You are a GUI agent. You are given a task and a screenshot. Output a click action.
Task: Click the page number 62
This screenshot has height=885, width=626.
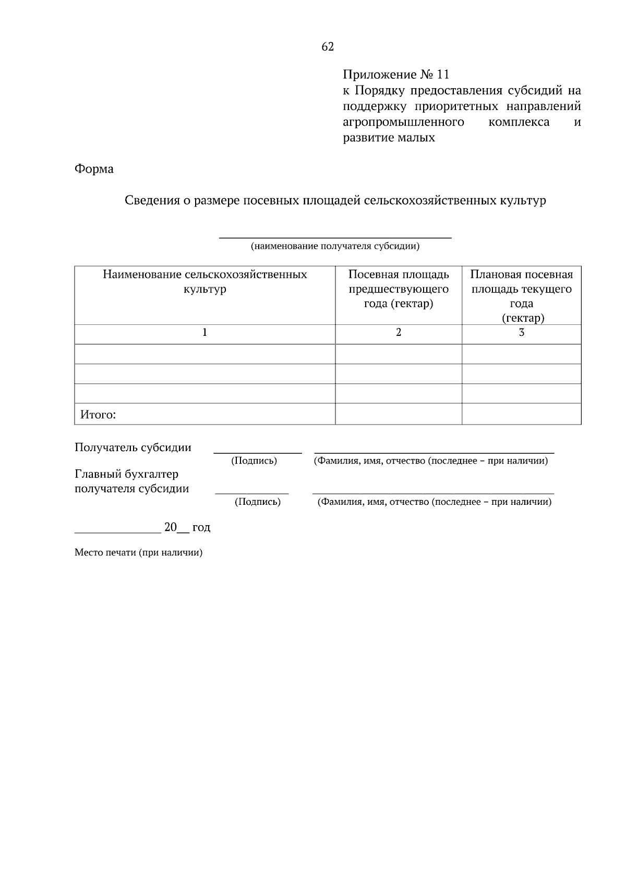click(328, 47)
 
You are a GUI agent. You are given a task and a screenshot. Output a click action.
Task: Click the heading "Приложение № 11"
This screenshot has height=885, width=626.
click(395, 75)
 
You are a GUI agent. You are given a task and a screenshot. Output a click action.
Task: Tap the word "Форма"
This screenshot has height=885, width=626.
click(94, 169)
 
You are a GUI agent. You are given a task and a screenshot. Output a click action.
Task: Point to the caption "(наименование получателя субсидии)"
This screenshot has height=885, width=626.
click(335, 246)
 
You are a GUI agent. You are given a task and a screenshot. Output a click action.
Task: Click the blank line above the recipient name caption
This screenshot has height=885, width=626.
click(335, 237)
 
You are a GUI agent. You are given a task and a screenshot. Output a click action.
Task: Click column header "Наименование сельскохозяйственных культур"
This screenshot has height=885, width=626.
click(204, 282)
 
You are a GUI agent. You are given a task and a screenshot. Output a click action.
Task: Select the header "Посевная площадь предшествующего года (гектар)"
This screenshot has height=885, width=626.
click(399, 289)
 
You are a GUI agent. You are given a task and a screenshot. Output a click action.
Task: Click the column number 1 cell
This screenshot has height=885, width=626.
click(204, 332)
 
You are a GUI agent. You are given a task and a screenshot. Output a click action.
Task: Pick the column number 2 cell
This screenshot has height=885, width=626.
click(399, 332)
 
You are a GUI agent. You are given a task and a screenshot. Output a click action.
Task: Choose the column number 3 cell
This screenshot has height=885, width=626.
click(521, 332)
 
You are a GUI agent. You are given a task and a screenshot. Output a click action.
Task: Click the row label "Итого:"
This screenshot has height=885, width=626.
click(98, 415)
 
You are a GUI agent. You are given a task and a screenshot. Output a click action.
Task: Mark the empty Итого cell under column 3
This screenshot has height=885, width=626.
click(521, 414)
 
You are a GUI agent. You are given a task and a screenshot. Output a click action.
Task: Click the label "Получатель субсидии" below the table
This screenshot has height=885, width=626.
click(133, 447)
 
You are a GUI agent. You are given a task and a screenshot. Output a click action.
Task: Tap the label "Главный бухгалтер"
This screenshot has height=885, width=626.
click(126, 474)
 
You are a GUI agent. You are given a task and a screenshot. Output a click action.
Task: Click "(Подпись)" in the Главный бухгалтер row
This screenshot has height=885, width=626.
click(258, 502)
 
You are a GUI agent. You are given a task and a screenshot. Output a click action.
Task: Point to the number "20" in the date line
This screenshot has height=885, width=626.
click(171, 527)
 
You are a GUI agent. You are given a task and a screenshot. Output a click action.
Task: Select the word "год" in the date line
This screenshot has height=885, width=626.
click(201, 527)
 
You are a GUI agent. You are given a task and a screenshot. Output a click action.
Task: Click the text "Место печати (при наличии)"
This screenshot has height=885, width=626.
click(138, 552)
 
